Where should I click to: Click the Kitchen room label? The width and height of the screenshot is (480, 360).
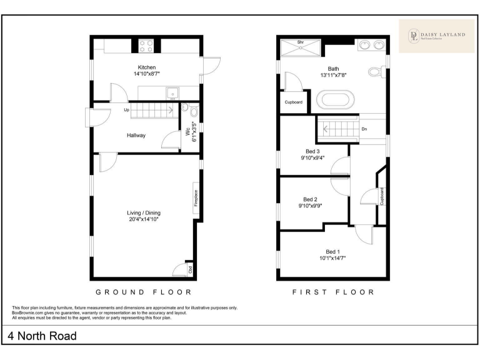pos(147,67)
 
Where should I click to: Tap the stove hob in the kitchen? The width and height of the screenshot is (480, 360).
pos(146,45)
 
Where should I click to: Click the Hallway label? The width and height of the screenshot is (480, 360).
pos(136,135)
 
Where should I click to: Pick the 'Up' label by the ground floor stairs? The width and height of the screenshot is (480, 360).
pos(126,111)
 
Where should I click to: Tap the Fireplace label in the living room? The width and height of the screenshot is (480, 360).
pos(196,198)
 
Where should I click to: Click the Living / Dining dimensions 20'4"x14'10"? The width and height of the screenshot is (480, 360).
pos(144,219)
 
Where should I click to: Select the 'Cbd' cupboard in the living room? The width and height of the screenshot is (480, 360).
pos(190,271)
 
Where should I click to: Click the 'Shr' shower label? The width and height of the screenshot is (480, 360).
pos(300,42)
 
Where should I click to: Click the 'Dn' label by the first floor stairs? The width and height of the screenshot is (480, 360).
pos(364,129)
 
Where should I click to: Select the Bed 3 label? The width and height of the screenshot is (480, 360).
pos(312,151)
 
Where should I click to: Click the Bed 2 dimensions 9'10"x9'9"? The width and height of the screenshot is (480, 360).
pos(311,206)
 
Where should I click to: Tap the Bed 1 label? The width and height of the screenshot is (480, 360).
pos(332,251)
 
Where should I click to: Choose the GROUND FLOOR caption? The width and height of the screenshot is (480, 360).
pos(143,292)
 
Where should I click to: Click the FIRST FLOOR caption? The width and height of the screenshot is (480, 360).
pos(333,292)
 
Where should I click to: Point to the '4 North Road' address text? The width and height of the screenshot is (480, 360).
pos(42,336)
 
